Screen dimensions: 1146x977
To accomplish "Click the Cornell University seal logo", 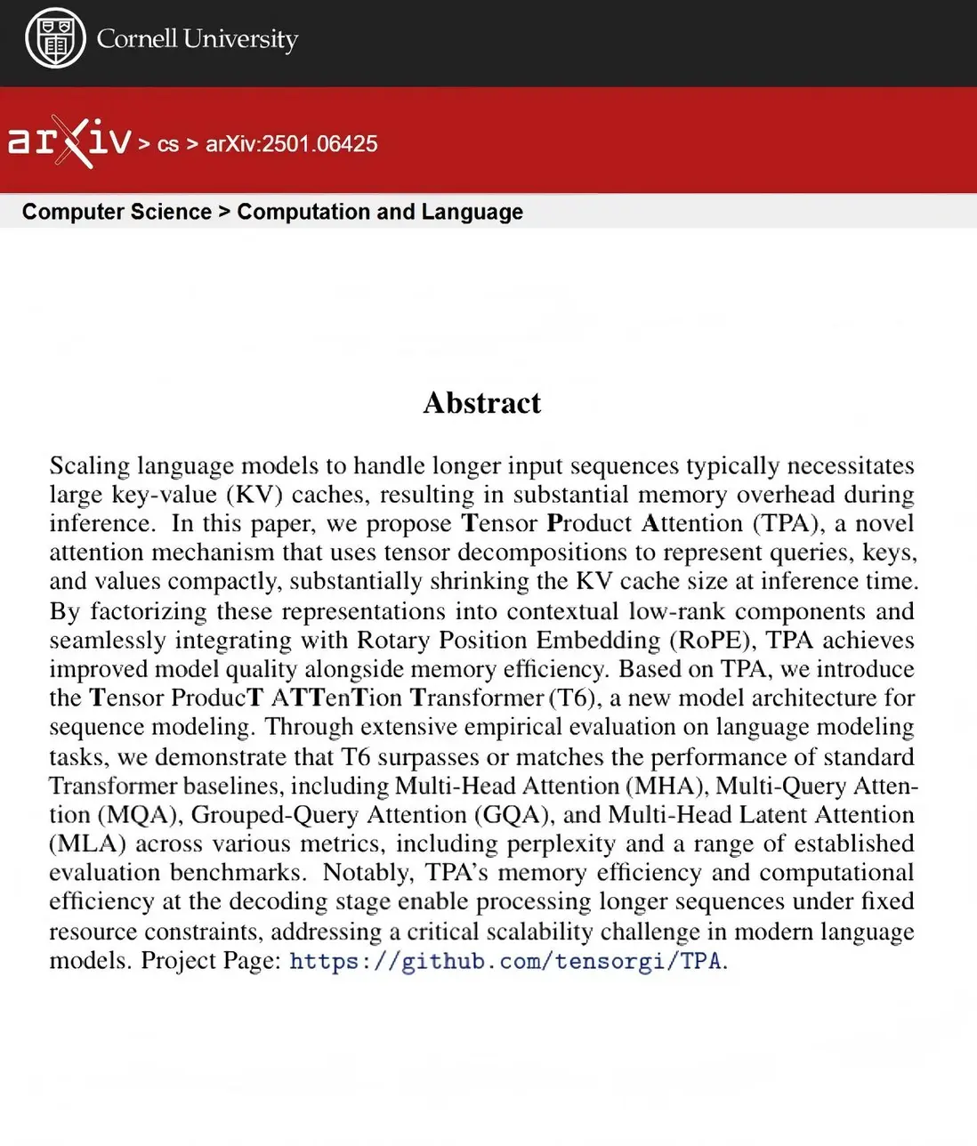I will click(x=55, y=39).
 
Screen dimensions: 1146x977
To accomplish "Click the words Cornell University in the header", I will click(x=197, y=39).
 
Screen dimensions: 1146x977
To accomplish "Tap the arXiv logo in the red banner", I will click(x=69, y=141).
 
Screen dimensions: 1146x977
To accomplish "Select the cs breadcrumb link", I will click(x=168, y=144).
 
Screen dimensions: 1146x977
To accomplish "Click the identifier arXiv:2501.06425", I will click(x=291, y=144).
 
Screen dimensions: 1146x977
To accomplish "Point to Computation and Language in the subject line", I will click(x=380, y=212).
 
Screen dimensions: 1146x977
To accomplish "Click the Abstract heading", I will click(x=481, y=403).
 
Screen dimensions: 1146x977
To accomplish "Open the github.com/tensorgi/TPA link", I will click(x=508, y=961).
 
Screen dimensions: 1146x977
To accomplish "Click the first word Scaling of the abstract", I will click(x=89, y=465).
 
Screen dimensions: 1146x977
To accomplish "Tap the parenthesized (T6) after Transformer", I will click(x=574, y=698).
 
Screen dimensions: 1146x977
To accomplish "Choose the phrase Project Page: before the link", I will click(x=211, y=961).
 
